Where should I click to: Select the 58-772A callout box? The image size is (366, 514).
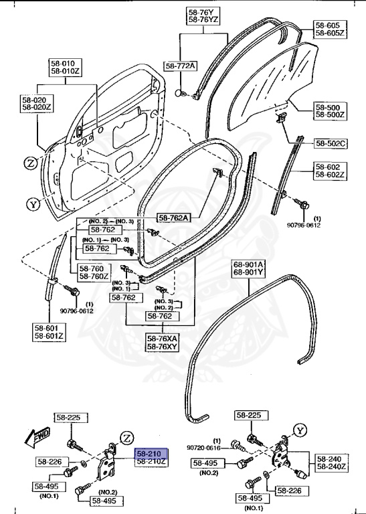point(181,66)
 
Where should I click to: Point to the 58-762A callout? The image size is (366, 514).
point(173,217)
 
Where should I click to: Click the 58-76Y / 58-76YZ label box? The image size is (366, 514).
point(201,16)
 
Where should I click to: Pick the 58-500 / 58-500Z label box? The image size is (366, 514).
point(330,111)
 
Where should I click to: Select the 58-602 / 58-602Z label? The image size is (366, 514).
point(329,171)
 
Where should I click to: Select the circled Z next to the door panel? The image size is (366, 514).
point(31,162)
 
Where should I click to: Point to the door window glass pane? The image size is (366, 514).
point(268,80)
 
